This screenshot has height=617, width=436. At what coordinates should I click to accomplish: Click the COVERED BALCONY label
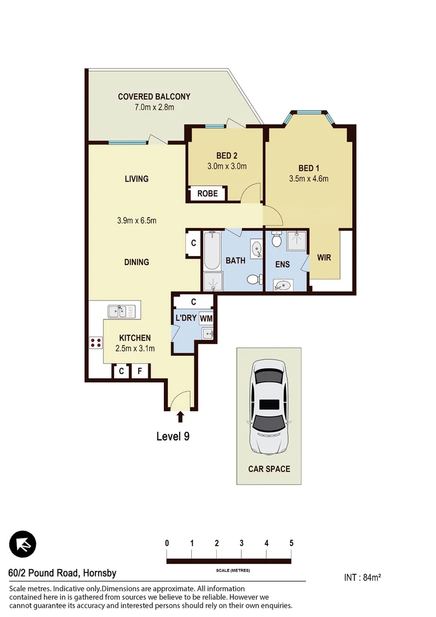tap(154, 97)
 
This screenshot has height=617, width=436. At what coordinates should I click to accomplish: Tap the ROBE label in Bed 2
tap(207, 194)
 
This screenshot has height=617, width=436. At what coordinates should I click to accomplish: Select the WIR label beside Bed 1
tap(324, 258)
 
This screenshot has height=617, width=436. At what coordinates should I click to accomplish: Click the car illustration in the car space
tap(269, 406)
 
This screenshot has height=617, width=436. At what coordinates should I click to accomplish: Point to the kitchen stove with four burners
tap(95, 343)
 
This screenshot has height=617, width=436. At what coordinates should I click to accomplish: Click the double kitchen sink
tap(122, 311)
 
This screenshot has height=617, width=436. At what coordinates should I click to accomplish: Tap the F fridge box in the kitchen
tap(140, 372)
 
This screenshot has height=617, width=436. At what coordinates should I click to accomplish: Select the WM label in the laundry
tap(206, 318)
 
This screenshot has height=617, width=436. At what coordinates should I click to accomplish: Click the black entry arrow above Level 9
tap(181, 416)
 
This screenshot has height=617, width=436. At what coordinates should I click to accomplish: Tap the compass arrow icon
tap(23, 544)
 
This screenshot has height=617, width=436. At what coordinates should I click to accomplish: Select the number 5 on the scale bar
tap(291, 543)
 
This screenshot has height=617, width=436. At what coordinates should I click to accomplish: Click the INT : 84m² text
tap(362, 577)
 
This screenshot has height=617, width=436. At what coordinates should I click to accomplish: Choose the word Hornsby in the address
tap(99, 574)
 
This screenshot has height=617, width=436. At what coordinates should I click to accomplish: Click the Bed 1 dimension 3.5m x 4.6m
tap(309, 178)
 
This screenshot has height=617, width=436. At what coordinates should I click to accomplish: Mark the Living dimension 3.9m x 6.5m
tap(136, 221)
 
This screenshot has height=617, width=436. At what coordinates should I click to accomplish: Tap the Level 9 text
tap(173, 436)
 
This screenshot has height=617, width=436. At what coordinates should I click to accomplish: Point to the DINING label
tap(136, 262)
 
